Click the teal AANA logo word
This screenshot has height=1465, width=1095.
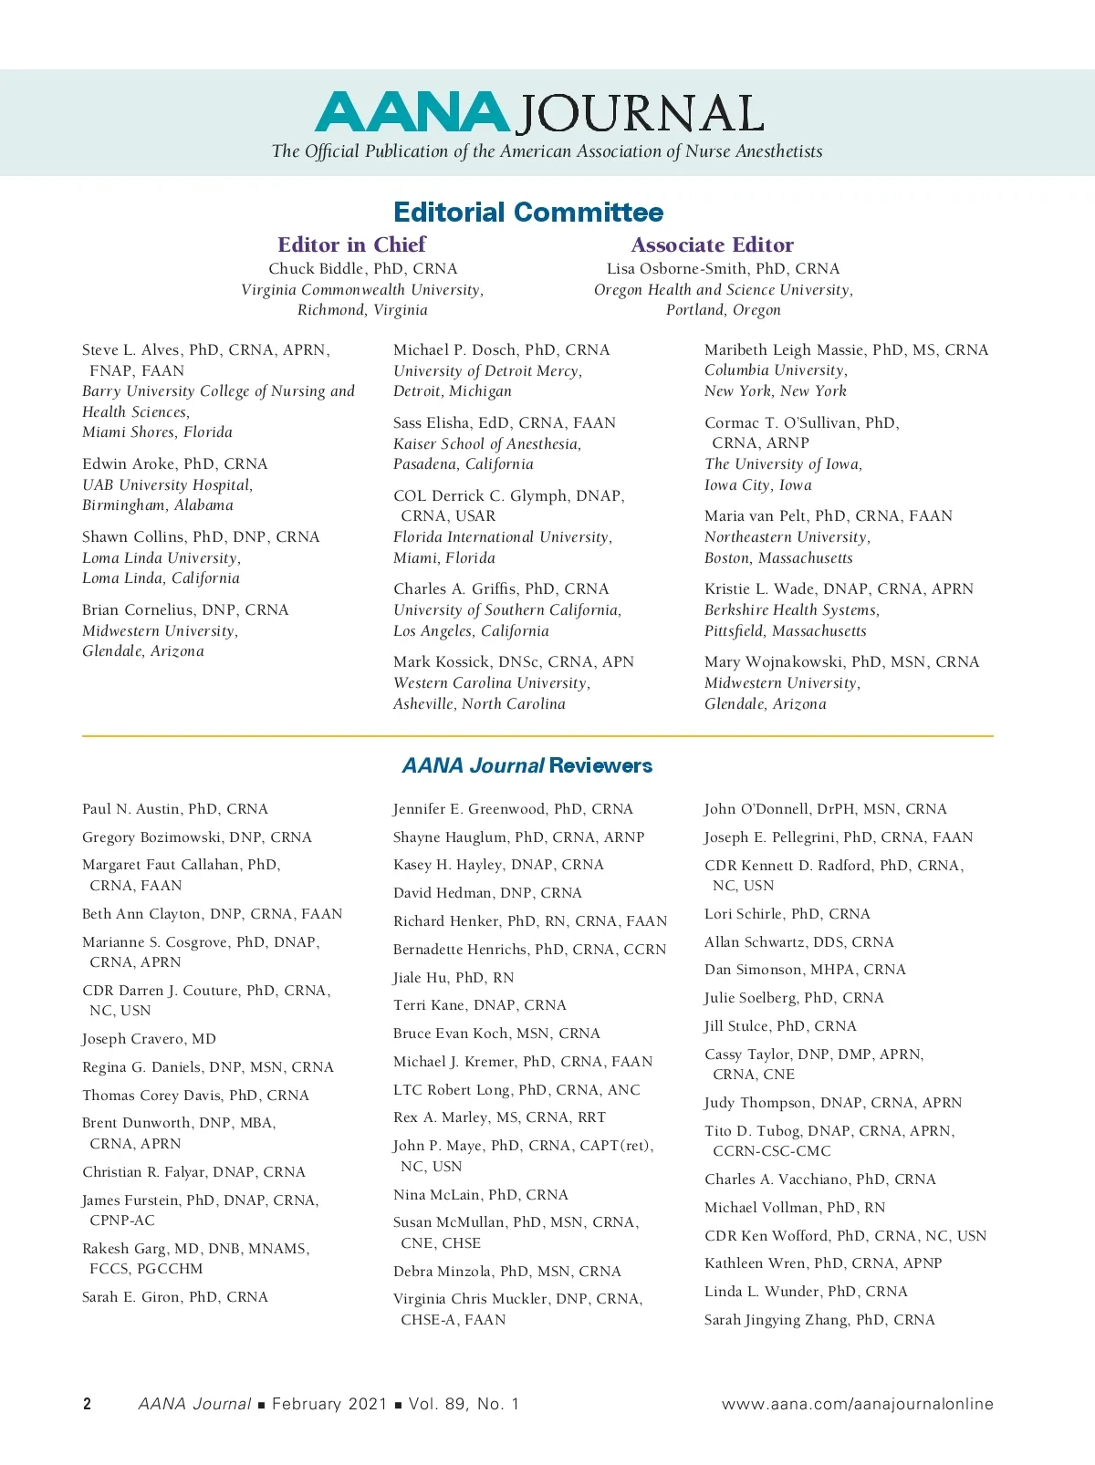point(412,112)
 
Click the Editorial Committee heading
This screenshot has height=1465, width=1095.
point(528,213)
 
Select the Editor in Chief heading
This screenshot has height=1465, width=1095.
point(351,244)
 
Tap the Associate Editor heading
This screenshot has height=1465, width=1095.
point(712,244)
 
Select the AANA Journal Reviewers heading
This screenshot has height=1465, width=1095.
point(527,766)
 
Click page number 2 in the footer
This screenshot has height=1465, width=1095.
point(88,1404)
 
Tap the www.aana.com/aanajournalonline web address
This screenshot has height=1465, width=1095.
point(857,1404)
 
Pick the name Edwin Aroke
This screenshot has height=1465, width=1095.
point(129,463)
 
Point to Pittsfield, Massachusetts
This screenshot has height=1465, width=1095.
point(785,631)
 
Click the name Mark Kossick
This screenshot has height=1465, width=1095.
point(442,662)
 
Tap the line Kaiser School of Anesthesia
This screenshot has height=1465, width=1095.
point(487,444)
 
